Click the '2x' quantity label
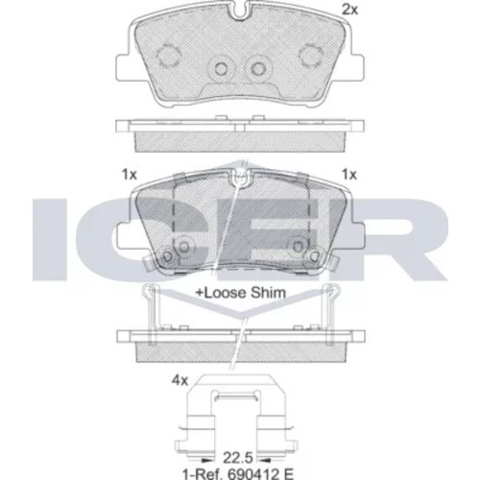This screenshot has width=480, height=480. point(350,10)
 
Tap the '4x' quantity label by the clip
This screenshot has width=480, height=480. point(180,380)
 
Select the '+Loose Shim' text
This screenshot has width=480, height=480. point(240,293)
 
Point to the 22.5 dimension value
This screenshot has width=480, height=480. point(238,458)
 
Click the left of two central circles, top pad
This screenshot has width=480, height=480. point(221,68)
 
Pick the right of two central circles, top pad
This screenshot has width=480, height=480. point(257,68)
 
